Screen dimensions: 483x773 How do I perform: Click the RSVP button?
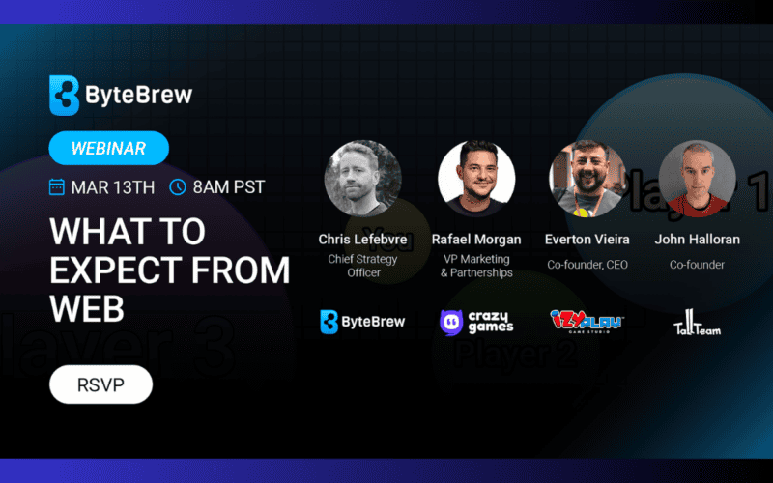click(x=100, y=384)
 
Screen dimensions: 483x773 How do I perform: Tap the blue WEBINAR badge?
click(x=108, y=148)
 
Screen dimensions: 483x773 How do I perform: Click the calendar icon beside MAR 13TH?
click(x=57, y=186)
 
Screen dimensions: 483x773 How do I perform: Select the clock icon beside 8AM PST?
click(x=178, y=186)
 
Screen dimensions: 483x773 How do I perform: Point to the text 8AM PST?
click(x=229, y=186)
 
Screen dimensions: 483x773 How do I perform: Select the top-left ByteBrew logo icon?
click(x=64, y=96)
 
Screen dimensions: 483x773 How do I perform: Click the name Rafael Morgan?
click(x=475, y=239)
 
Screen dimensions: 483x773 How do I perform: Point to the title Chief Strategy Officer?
click(x=363, y=265)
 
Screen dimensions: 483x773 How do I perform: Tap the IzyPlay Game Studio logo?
click(x=587, y=322)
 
